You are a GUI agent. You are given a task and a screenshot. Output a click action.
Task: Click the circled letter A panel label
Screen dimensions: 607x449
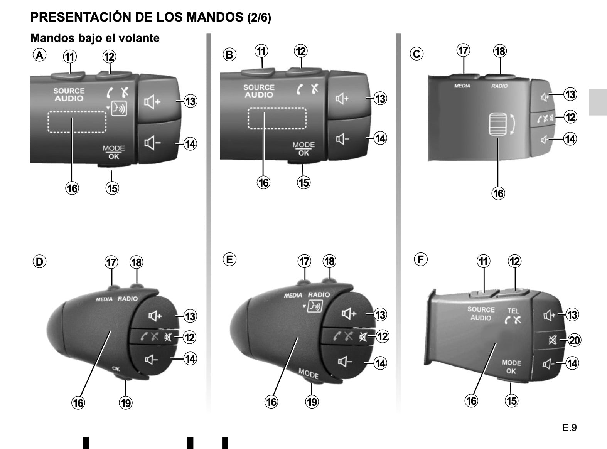(39, 55)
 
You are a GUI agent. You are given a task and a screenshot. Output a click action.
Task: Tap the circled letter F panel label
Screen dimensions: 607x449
(421, 259)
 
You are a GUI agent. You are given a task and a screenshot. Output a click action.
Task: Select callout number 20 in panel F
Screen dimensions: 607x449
(575, 340)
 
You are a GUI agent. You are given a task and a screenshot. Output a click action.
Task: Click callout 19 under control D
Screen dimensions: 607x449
(126, 403)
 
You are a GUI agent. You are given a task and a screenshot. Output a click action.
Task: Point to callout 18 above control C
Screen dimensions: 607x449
(500, 51)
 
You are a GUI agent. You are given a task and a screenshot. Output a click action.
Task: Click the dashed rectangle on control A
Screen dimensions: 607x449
(77, 122)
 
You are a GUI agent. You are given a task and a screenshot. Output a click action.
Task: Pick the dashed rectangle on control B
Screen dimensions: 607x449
(277, 118)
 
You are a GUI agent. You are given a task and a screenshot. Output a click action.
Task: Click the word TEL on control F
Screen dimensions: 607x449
(513, 311)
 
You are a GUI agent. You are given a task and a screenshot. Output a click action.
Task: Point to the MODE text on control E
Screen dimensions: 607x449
(309, 373)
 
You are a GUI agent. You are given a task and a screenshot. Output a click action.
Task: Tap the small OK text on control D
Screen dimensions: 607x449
(116, 369)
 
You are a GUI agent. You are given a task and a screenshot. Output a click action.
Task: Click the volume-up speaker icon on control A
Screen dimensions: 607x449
(152, 102)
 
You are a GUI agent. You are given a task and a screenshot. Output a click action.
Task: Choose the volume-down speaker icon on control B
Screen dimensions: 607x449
(342, 139)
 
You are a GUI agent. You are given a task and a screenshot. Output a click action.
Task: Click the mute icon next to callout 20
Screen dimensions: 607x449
(553, 340)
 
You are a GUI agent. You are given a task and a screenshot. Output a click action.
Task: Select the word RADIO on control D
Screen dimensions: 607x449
(128, 299)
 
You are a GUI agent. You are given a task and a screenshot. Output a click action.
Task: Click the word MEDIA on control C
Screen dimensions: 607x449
(462, 86)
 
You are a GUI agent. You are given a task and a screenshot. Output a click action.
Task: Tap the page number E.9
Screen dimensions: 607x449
(570, 427)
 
